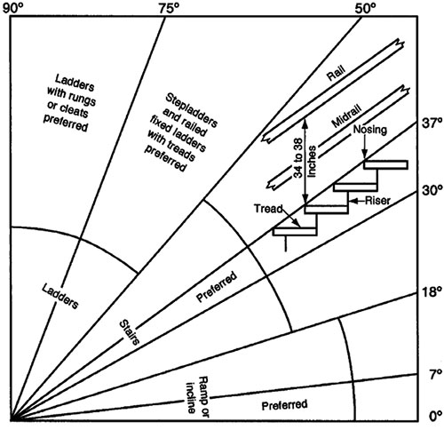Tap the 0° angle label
pyautogui.click(x=433, y=414)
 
